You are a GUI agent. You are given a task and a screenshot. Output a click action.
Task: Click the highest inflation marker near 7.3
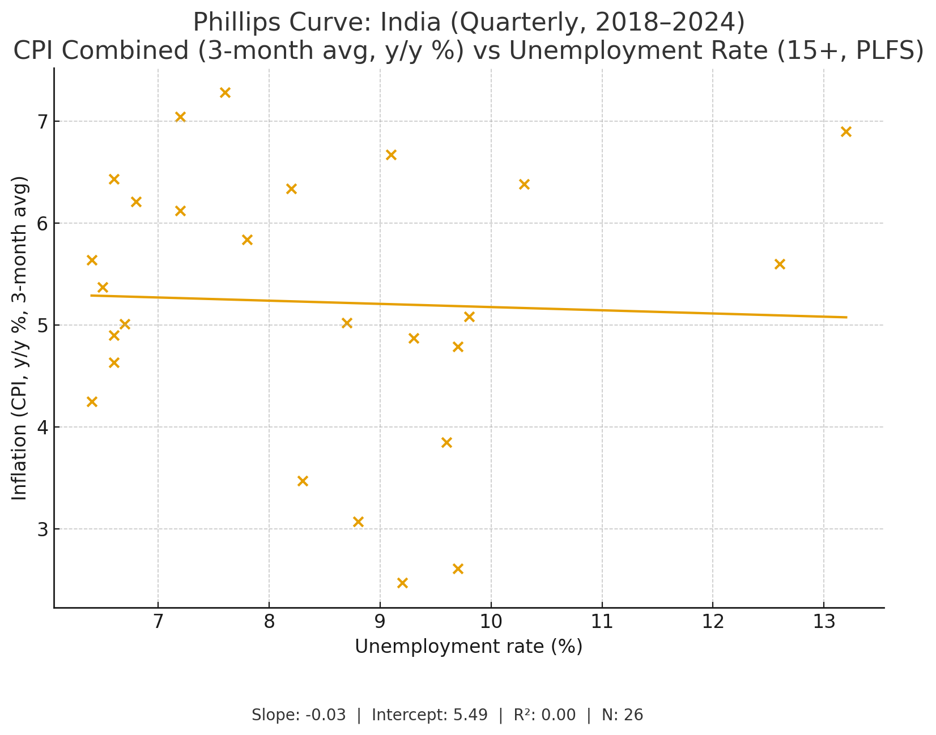click(x=225, y=92)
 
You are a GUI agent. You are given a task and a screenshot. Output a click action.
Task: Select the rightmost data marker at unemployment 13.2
click(x=846, y=131)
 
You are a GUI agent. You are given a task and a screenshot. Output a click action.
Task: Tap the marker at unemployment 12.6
click(x=780, y=264)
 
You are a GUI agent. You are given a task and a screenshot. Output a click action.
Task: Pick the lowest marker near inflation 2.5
click(x=402, y=583)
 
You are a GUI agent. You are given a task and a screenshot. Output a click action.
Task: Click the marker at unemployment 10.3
click(x=524, y=184)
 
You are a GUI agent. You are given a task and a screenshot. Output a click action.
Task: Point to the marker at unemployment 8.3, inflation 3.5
click(x=303, y=481)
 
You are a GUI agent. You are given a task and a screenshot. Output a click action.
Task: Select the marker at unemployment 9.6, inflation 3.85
click(x=446, y=442)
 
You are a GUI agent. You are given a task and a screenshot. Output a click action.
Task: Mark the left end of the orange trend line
click(x=91, y=295)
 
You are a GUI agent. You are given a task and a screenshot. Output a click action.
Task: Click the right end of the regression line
click(x=846, y=317)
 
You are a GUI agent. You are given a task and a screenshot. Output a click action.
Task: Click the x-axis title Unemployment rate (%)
click(x=469, y=647)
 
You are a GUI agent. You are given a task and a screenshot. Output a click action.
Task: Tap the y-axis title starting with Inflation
click(x=20, y=338)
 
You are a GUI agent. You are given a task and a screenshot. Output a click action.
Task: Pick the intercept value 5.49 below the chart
click(x=470, y=715)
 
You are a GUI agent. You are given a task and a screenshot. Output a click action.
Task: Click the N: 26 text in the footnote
click(x=622, y=715)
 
